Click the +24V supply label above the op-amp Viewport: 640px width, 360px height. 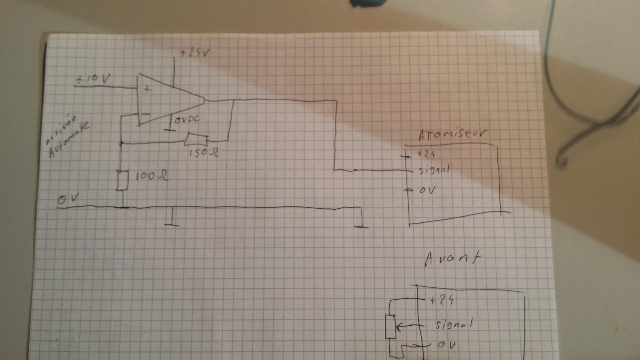pyautogui.click(x=195, y=53)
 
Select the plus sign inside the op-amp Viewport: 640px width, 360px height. pyautogui.click(x=147, y=90)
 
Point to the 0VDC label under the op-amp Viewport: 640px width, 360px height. pyautogui.click(x=187, y=119)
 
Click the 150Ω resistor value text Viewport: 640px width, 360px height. pyautogui.click(x=204, y=153)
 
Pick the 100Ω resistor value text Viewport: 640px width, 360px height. pyautogui.click(x=152, y=176)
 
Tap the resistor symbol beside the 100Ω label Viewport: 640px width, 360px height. pyautogui.click(x=123, y=180)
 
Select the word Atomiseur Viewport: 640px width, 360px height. pyautogui.click(x=452, y=135)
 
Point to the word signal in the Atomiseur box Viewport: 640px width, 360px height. pyautogui.click(x=434, y=170)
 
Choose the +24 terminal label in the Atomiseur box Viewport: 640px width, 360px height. pyautogui.click(x=426, y=155)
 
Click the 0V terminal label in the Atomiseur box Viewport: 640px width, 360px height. pyautogui.click(x=427, y=190)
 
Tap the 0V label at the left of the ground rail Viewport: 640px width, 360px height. pyautogui.click(x=68, y=199)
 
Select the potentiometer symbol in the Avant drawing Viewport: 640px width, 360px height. pyautogui.click(x=391, y=326)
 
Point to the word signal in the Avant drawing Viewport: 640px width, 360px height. pyautogui.click(x=453, y=325)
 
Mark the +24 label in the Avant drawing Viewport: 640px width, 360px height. pyautogui.click(x=442, y=300)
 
